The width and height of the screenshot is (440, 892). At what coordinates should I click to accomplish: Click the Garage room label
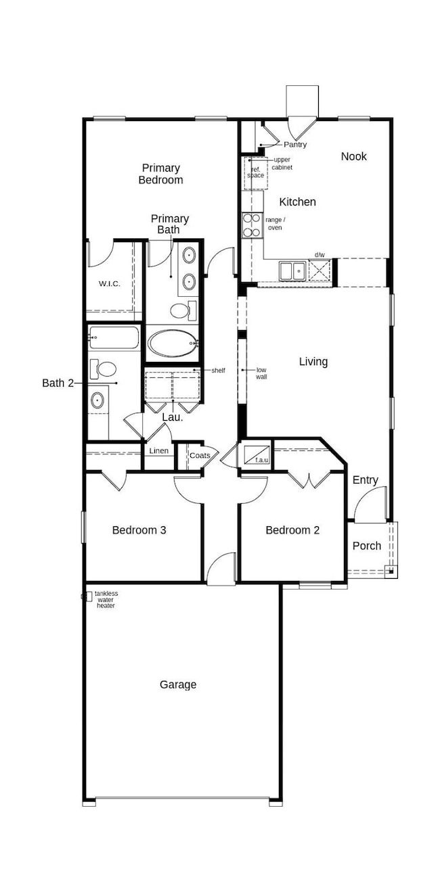178,684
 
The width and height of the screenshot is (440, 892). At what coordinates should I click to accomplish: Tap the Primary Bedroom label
160,174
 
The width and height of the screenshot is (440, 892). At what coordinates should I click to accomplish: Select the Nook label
353,156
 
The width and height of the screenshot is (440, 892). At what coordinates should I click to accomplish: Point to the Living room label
313,362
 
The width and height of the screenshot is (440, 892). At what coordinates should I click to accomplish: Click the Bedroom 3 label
139,530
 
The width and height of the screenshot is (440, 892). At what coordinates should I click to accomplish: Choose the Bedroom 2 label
292,530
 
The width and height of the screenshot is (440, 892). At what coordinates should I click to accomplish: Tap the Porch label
367,546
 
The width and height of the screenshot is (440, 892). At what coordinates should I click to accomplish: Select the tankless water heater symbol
87,596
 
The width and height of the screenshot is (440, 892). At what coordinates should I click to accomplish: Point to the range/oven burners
252,225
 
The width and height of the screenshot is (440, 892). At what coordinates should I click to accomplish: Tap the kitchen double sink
292,271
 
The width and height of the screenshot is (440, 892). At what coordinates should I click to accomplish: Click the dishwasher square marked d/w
319,271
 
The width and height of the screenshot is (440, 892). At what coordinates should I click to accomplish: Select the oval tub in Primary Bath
173,343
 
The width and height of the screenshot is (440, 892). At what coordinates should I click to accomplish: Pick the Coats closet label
199,456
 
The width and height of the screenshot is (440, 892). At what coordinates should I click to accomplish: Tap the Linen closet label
158,451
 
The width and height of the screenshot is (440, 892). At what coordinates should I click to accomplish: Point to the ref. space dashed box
255,172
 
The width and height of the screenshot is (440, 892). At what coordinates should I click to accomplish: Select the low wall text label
261,373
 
